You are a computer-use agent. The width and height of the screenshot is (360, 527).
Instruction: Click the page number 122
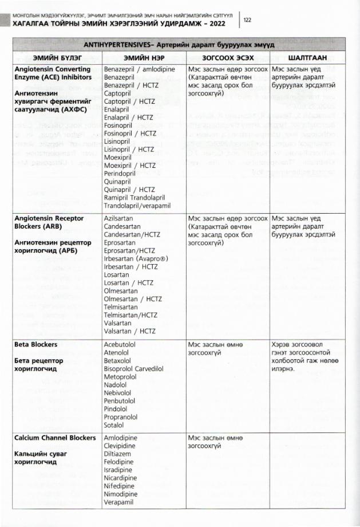coord(248,19)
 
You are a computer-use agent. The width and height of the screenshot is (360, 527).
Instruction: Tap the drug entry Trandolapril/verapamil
coord(137,205)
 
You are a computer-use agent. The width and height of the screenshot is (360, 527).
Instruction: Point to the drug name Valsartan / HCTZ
coord(129,331)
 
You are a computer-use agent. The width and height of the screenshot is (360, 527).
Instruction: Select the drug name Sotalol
coord(114,426)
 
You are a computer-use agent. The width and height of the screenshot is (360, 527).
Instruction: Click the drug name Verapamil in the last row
coord(118,502)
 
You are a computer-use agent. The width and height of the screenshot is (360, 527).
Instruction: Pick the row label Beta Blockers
coord(37,345)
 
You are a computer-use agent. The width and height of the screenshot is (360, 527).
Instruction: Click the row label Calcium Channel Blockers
coord(54,438)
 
